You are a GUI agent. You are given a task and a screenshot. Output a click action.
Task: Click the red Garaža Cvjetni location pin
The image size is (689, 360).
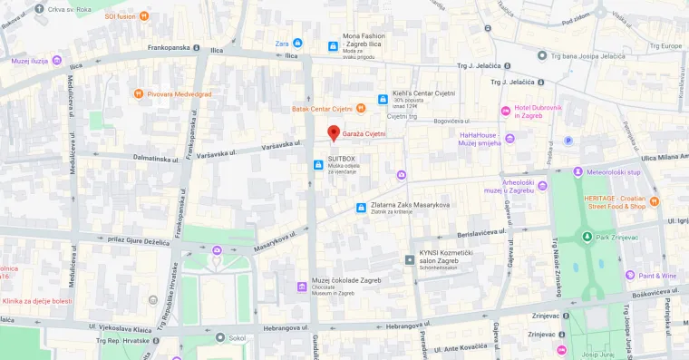[x=333, y=133]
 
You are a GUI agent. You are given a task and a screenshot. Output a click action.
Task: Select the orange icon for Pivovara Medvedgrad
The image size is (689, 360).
[x=138, y=92]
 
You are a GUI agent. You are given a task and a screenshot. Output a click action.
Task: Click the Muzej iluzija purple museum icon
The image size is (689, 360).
[x=56, y=61]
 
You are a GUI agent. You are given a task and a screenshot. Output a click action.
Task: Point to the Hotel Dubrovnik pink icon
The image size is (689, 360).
[x=506, y=111]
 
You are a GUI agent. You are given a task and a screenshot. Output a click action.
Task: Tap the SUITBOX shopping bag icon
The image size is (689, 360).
[x=318, y=165]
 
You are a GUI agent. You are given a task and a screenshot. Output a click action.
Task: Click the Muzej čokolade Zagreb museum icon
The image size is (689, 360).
[x=301, y=287]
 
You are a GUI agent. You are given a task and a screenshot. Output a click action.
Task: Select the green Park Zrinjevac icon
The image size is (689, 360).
[x=587, y=238]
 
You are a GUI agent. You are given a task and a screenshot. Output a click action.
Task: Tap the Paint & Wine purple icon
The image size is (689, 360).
[x=629, y=275]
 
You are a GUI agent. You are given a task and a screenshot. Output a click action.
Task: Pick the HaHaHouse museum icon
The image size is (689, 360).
[x=509, y=138]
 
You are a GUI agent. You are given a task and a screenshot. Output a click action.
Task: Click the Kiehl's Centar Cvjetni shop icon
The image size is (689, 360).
[x=383, y=99]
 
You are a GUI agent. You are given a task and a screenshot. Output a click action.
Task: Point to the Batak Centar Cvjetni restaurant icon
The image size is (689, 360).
[x=360, y=109]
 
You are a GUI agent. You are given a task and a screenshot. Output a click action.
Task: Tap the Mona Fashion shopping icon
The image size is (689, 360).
[x=332, y=46]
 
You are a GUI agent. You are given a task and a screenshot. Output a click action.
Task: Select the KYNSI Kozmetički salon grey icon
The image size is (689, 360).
[x=409, y=260]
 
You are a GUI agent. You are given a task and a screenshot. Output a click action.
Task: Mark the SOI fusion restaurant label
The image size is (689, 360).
[x=120, y=15]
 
